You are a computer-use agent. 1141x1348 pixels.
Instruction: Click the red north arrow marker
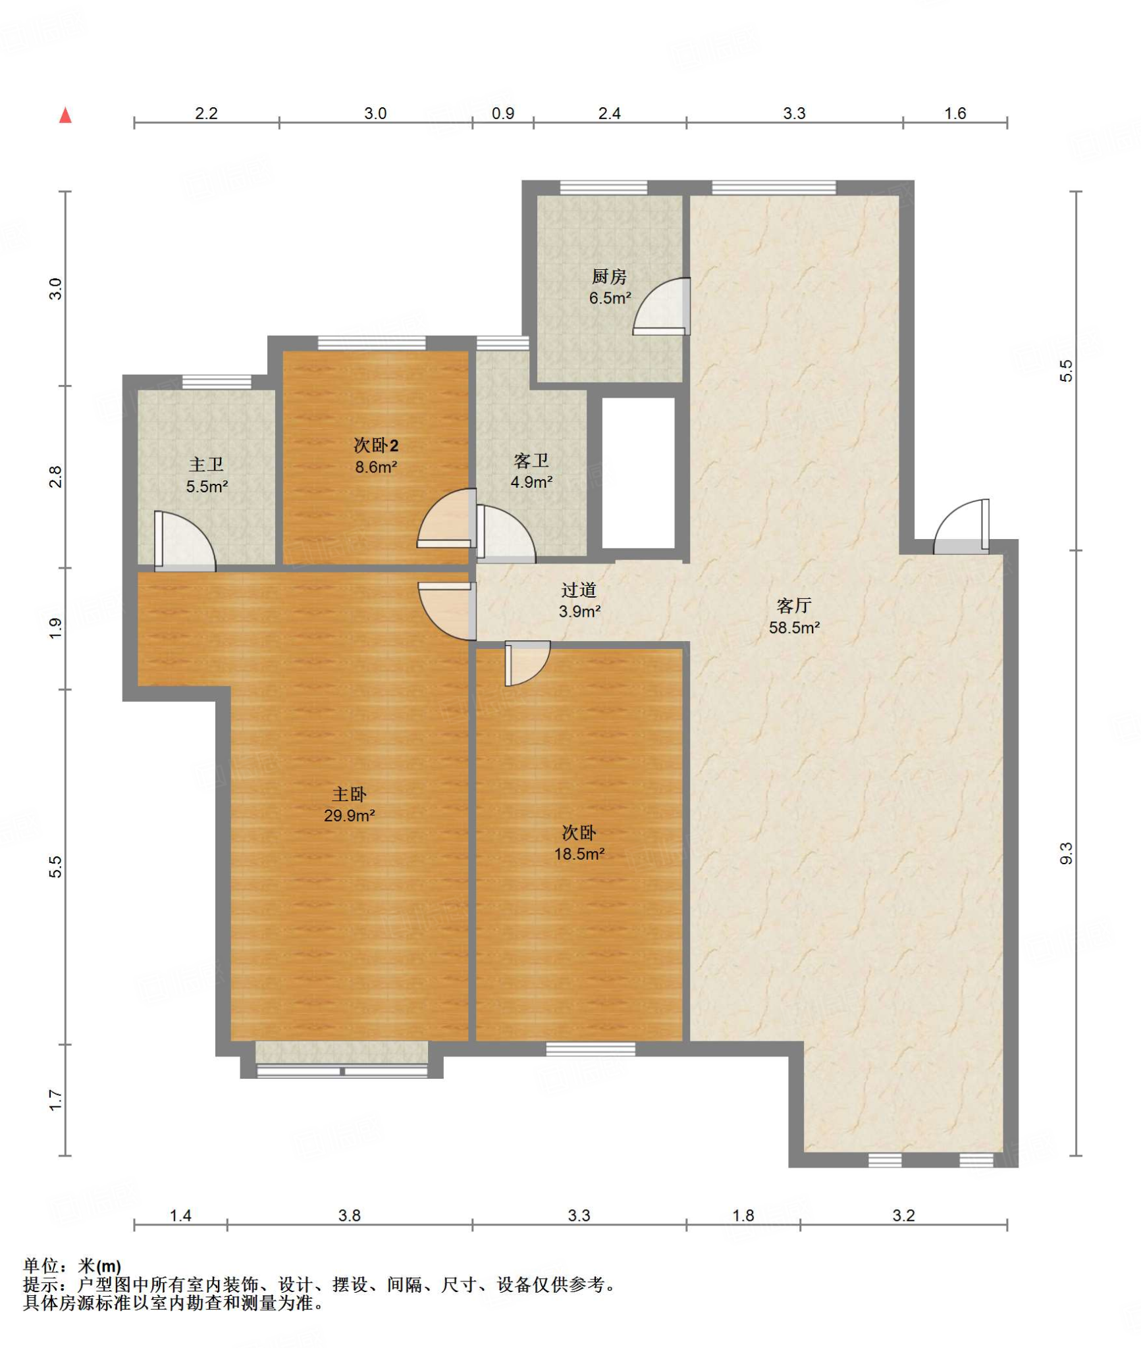coord(65,116)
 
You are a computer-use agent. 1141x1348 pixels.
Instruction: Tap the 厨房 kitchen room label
coord(609,276)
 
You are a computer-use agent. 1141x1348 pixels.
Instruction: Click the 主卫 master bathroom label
coord(207,465)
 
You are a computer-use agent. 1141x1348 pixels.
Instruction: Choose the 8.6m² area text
coord(376,467)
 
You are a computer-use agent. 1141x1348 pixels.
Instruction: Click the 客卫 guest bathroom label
coord(531,460)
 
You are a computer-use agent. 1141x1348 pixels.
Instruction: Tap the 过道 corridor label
coord(579,590)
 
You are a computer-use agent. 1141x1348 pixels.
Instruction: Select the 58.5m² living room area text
coord(795,628)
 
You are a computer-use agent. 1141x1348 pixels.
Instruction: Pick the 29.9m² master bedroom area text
coord(350,816)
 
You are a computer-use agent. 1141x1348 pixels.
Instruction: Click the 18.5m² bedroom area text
coord(579,854)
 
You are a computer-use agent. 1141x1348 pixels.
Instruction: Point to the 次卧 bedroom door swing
coord(527,663)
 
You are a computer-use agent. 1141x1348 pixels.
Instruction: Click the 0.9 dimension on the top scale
coord(503,113)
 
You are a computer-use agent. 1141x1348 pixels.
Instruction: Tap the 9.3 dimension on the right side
coord(1066,853)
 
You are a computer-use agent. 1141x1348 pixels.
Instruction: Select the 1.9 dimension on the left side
coord(56,628)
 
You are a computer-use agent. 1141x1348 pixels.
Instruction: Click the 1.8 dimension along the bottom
coord(743,1215)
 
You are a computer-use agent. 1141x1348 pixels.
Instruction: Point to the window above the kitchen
coord(603,188)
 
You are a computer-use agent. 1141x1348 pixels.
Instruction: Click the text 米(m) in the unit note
coord(99,1266)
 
